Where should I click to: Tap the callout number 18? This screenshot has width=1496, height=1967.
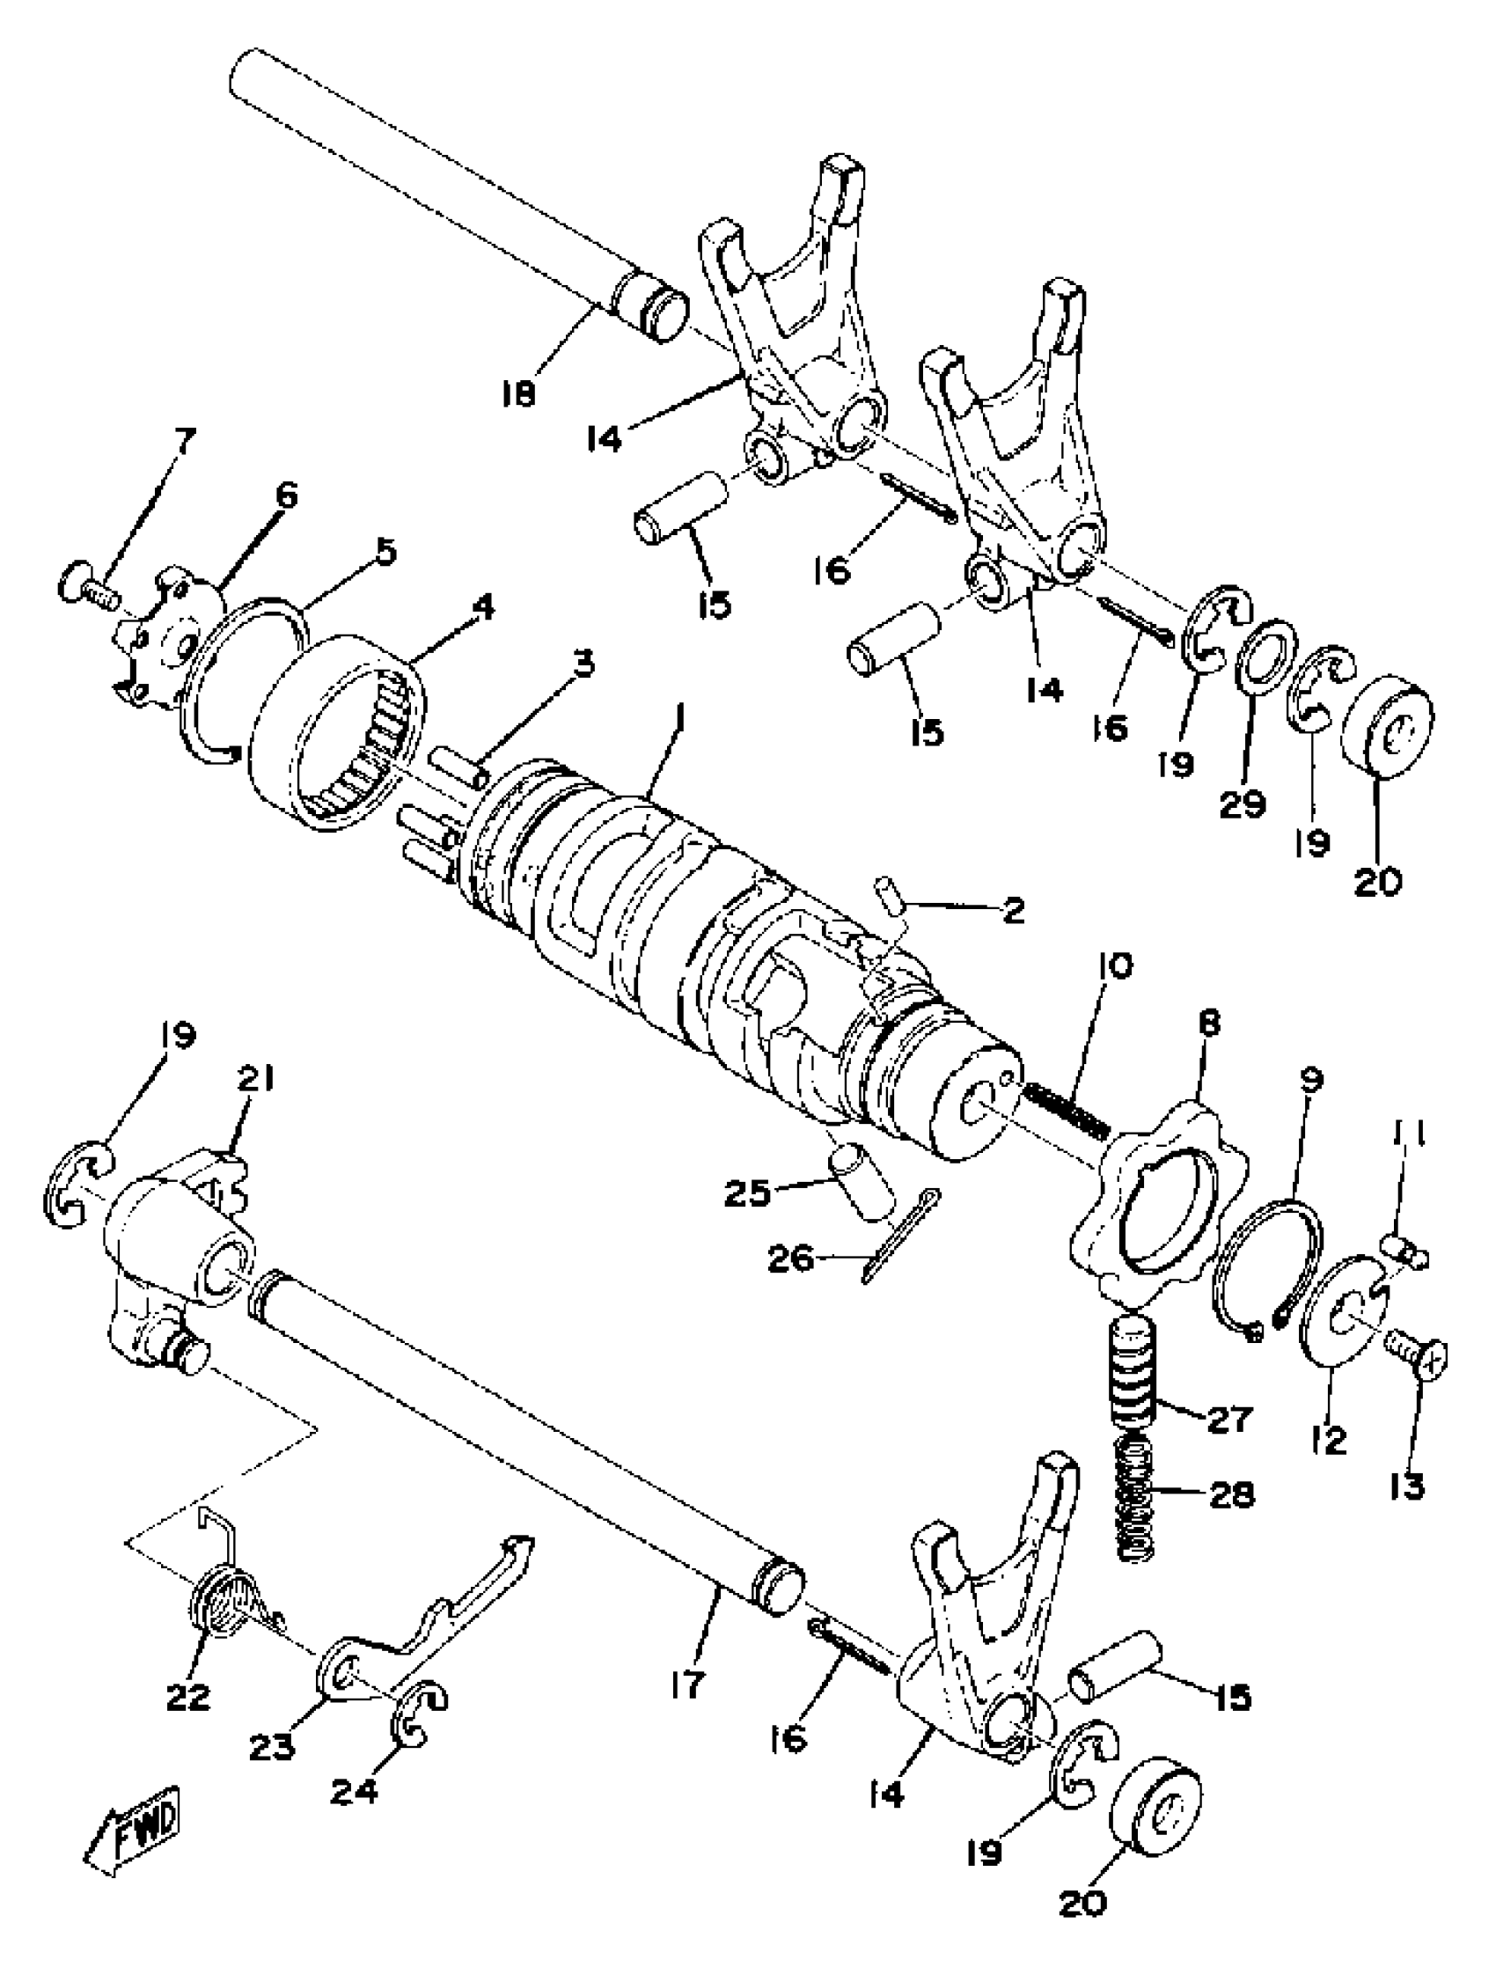pyautogui.click(x=518, y=393)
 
